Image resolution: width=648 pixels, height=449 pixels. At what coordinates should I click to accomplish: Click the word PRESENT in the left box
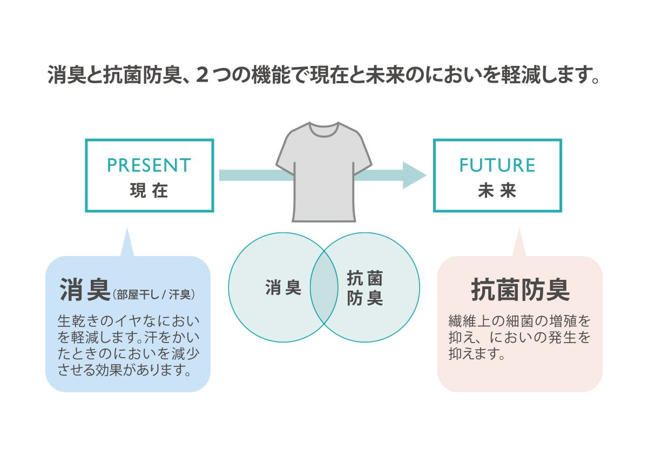click(149, 165)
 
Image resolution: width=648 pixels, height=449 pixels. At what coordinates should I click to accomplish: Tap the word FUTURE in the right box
click(497, 165)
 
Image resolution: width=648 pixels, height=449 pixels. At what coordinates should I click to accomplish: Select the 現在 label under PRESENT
click(149, 191)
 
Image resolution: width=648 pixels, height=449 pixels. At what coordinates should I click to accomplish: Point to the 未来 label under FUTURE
click(497, 191)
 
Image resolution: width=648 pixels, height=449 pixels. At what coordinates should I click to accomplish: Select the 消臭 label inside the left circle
click(283, 287)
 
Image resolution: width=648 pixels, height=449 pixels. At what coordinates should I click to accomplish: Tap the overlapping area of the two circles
click(324, 287)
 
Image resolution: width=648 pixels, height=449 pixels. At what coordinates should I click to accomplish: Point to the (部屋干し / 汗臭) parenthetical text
click(154, 294)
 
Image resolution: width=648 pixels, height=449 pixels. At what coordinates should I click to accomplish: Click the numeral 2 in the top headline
click(202, 75)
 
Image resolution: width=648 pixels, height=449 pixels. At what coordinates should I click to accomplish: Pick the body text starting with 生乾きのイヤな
click(128, 346)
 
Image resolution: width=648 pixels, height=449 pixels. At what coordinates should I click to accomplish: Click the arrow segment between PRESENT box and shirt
click(254, 175)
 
